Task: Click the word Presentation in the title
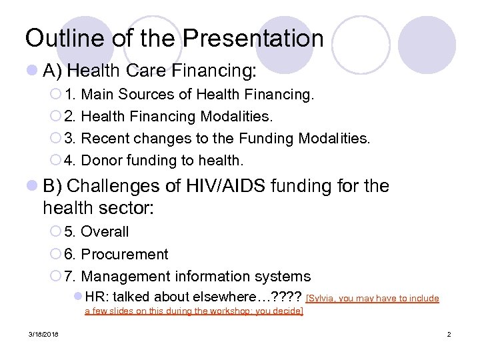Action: point(253,38)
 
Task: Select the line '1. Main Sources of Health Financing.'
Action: point(189,95)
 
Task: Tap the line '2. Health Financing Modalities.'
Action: point(169,117)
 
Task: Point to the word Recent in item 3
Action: point(105,139)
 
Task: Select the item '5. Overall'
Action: point(97,232)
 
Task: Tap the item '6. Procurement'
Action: point(117,254)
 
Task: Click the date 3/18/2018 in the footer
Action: point(43,334)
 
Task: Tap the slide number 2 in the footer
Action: point(449,334)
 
